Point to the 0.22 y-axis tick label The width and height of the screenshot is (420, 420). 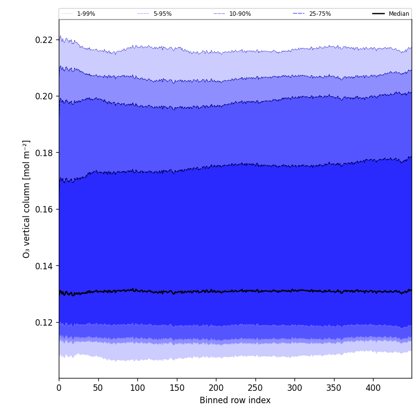(44, 40)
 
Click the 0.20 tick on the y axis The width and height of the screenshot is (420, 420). (44, 96)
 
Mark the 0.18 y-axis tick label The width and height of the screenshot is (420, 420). (44, 153)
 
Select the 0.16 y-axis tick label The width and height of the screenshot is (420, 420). (44, 210)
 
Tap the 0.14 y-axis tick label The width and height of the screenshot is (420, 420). (44, 266)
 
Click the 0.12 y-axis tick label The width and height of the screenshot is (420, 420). (44, 323)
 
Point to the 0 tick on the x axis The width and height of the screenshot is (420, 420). (59, 388)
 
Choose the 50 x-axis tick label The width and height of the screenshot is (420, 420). (98, 388)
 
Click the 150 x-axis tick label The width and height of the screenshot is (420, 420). (177, 388)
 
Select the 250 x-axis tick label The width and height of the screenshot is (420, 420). (255, 388)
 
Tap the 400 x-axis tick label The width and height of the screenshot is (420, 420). (373, 388)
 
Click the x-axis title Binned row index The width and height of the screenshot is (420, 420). (235, 401)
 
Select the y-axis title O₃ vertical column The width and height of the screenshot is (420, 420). (27, 199)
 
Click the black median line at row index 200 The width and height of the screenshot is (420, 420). (216, 292)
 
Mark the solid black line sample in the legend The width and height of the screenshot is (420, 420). (379, 14)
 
